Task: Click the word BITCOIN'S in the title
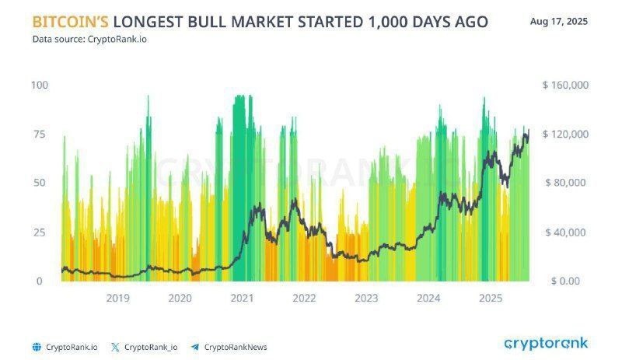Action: point(70,22)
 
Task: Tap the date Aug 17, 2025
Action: point(558,21)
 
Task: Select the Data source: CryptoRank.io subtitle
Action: point(89,40)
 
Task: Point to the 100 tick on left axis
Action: point(40,85)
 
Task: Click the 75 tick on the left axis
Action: point(40,135)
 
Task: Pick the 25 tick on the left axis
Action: point(40,232)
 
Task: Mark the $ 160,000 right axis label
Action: point(565,85)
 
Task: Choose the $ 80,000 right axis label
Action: point(565,183)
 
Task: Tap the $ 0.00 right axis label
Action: point(565,281)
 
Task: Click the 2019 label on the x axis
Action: point(118,298)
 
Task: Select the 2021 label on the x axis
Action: point(242,298)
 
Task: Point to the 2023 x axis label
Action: point(366,298)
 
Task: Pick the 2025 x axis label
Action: point(491,298)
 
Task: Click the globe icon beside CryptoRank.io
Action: point(37,348)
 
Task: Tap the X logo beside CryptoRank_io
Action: point(115,348)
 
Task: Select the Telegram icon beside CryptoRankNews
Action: point(195,348)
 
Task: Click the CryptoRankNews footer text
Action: point(236,348)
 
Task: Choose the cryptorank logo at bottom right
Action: point(546,344)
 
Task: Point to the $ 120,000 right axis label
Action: point(565,135)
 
